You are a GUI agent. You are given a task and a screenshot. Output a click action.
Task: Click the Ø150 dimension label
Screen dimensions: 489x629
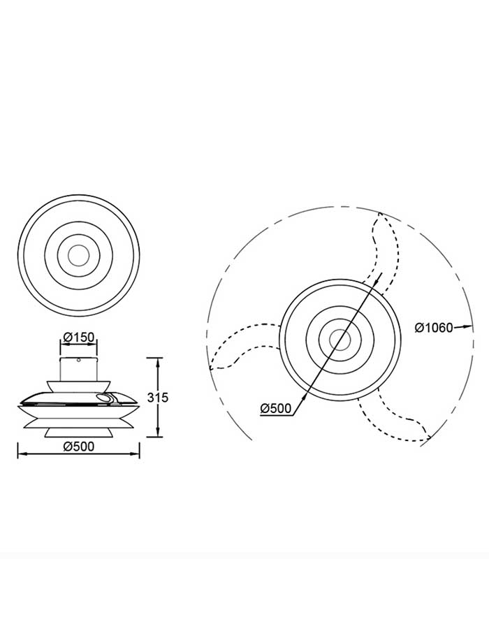coord(78,337)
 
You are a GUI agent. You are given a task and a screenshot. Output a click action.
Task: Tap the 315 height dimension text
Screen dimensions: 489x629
coord(157,398)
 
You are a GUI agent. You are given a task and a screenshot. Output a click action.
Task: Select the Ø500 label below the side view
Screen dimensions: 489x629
coord(78,446)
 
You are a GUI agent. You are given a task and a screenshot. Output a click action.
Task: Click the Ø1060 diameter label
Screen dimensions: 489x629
coord(433,328)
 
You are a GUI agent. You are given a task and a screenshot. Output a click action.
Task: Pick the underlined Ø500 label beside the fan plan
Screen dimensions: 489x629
coord(276,409)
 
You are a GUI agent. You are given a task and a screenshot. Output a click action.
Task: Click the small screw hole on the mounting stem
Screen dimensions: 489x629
coord(79,360)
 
